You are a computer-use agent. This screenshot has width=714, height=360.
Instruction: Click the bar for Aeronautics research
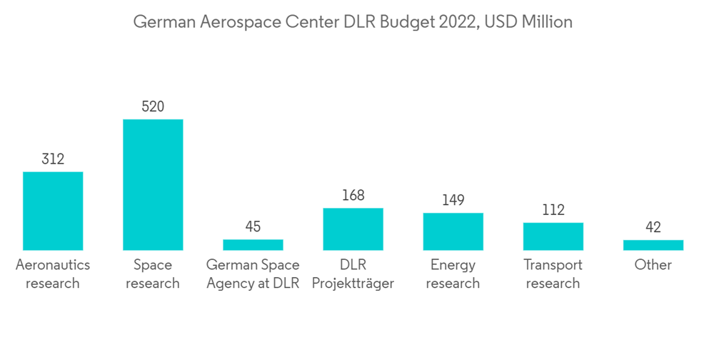tap(53, 211)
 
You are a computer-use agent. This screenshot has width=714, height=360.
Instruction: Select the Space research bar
tap(153, 184)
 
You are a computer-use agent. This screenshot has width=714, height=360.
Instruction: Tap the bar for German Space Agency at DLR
tap(253, 244)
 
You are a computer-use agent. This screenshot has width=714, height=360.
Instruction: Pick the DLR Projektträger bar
tap(353, 229)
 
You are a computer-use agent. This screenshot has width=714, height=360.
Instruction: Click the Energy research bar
tap(453, 231)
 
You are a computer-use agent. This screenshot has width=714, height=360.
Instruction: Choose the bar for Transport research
tap(553, 236)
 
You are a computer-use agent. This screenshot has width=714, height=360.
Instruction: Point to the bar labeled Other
tap(653, 245)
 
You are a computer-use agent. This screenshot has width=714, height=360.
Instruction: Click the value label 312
tap(53, 159)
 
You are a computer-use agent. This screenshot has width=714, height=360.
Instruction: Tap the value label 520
tap(153, 107)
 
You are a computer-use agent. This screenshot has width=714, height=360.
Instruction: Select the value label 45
tap(253, 227)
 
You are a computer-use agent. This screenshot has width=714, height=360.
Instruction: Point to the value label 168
tap(353, 196)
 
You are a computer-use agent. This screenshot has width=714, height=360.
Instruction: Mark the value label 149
tap(453, 201)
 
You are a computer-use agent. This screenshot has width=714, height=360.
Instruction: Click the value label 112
tap(553, 210)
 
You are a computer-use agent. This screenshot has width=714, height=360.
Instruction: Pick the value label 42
tap(653, 228)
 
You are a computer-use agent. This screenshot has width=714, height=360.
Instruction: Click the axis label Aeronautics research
tap(53, 274)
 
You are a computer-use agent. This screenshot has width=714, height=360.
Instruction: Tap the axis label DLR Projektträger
tap(353, 274)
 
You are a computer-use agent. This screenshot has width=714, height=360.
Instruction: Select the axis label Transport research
tap(553, 274)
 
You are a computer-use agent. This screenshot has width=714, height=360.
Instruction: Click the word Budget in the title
tap(406, 22)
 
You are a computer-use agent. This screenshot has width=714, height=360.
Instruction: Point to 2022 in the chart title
tap(458, 22)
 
